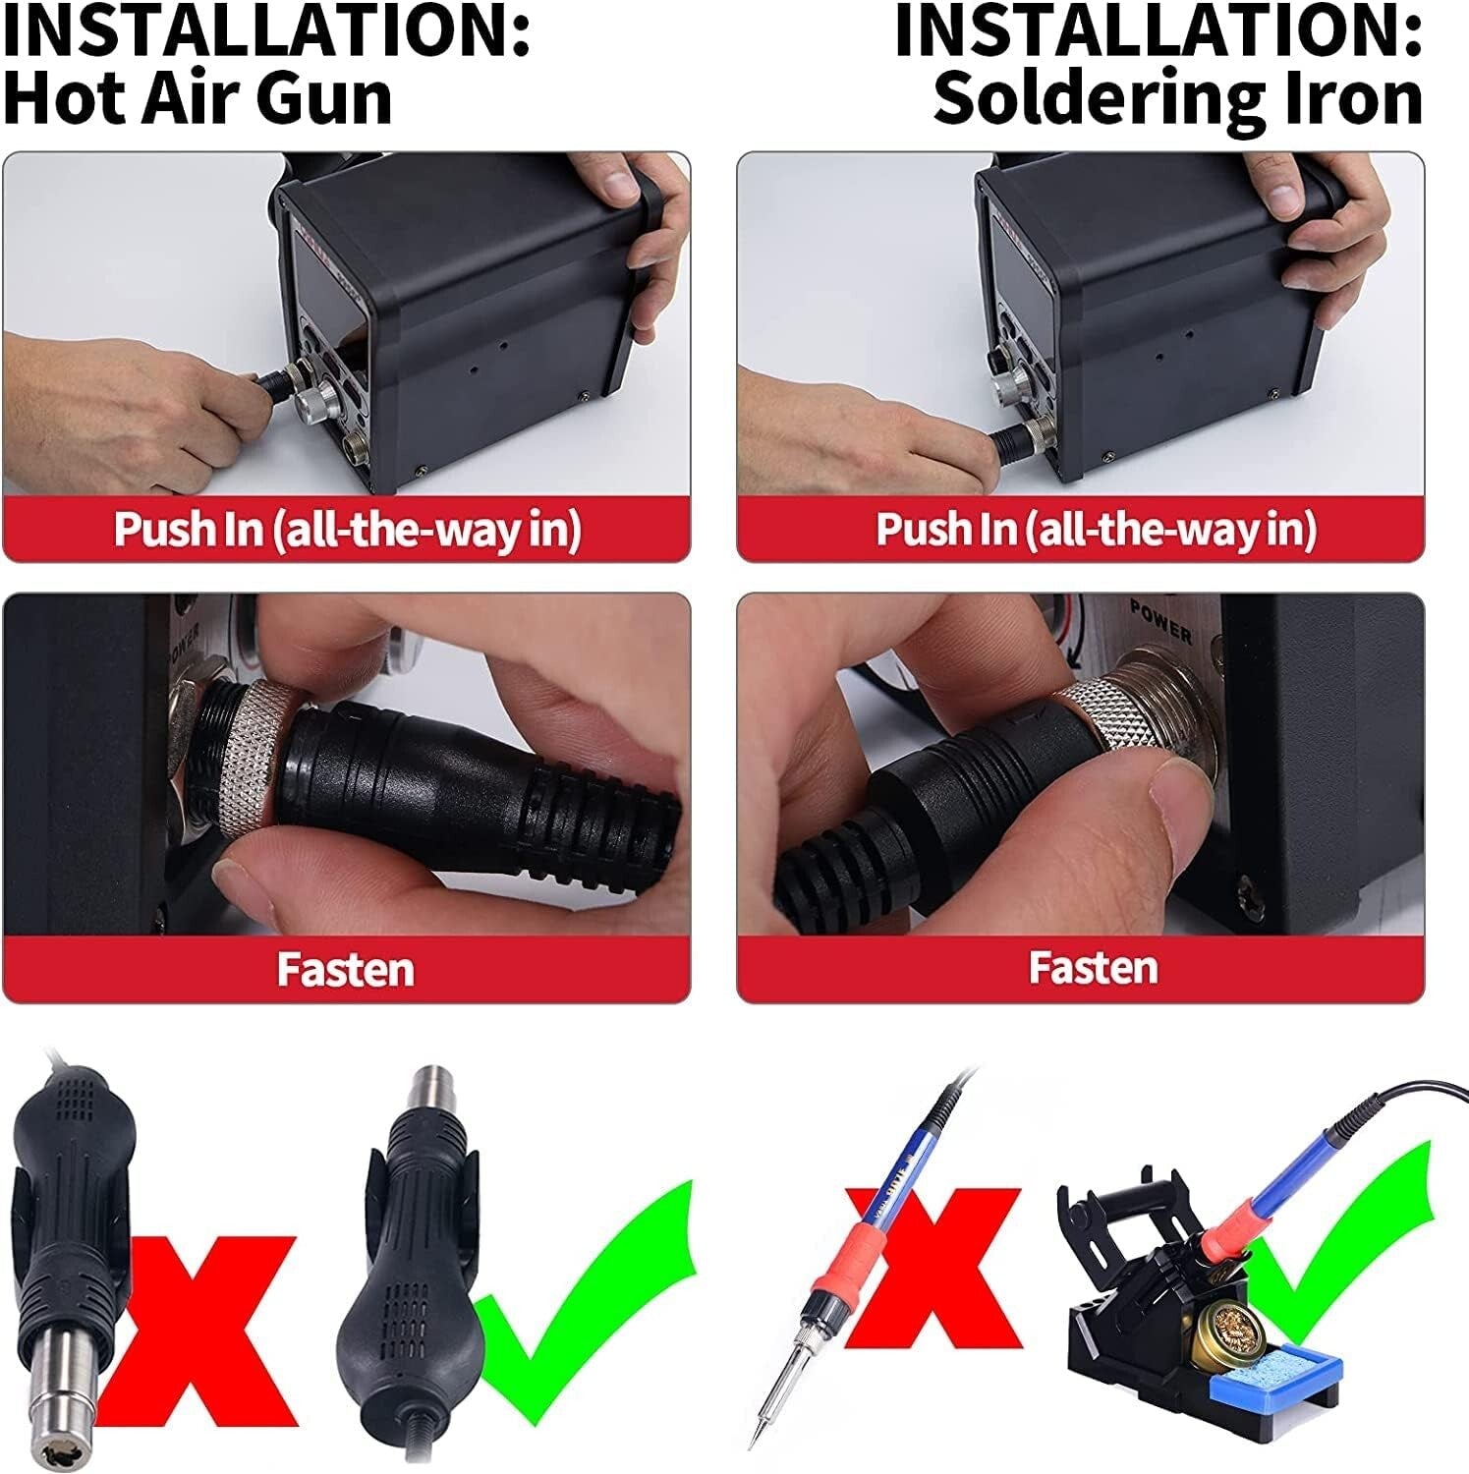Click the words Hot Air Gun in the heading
(197, 98)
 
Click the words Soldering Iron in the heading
(1177, 98)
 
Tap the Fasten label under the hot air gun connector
(345, 969)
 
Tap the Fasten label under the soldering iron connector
(1093, 968)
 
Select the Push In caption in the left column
(347, 529)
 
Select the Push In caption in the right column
(1095, 529)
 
